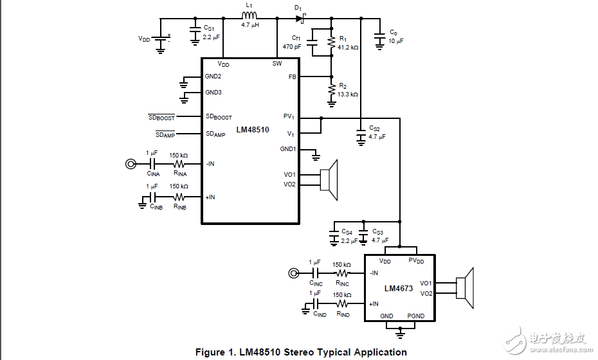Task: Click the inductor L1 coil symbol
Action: point(249,17)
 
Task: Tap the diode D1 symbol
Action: point(299,17)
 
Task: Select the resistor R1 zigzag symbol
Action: point(332,42)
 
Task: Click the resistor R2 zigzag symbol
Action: point(332,89)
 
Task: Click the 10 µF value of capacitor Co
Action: point(396,41)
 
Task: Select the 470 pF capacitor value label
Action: point(292,47)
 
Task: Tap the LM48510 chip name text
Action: point(252,130)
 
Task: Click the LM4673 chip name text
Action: point(399,289)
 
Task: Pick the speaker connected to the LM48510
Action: point(329,179)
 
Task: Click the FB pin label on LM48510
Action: point(293,76)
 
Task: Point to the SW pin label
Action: point(276,64)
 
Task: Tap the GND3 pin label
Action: point(213,93)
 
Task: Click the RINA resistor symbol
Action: point(179,164)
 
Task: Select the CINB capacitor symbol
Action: point(152,197)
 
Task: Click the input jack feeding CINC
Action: point(293,273)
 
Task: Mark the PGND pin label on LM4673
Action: point(415,316)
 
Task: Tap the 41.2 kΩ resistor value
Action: point(348,47)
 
